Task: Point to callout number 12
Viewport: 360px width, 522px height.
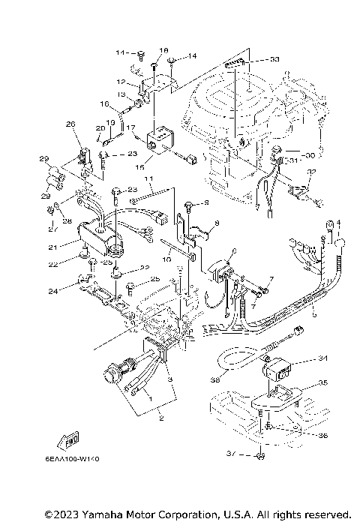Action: tap(121, 81)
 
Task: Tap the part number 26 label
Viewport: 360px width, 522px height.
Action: tap(71, 124)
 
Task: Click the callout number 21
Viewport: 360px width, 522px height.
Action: tap(53, 247)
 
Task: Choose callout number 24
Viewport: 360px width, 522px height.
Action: tap(52, 290)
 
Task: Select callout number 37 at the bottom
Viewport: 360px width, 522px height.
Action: tap(231, 453)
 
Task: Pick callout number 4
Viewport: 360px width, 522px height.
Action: tap(338, 223)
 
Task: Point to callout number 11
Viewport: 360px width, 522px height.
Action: tap(149, 180)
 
